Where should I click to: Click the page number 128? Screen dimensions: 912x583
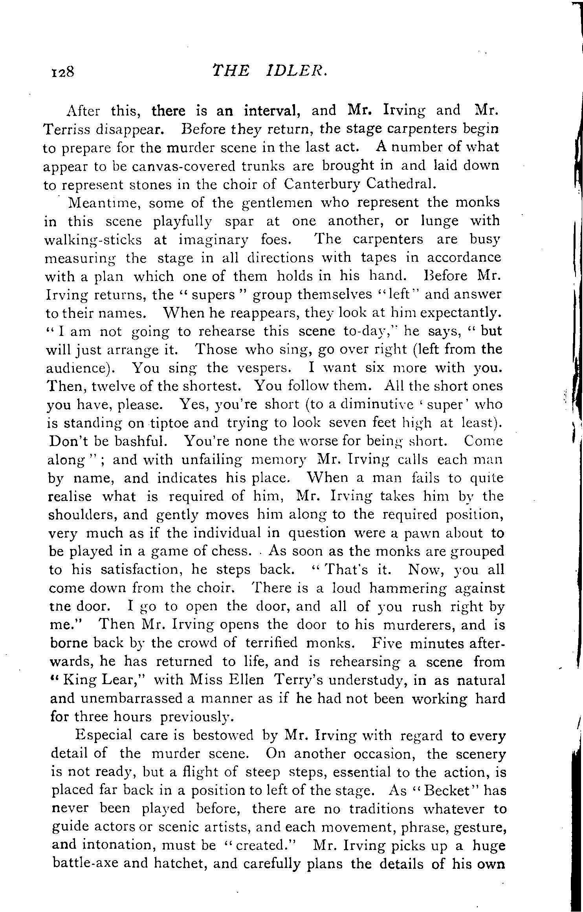click(62, 72)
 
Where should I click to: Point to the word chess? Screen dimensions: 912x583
click(231, 551)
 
